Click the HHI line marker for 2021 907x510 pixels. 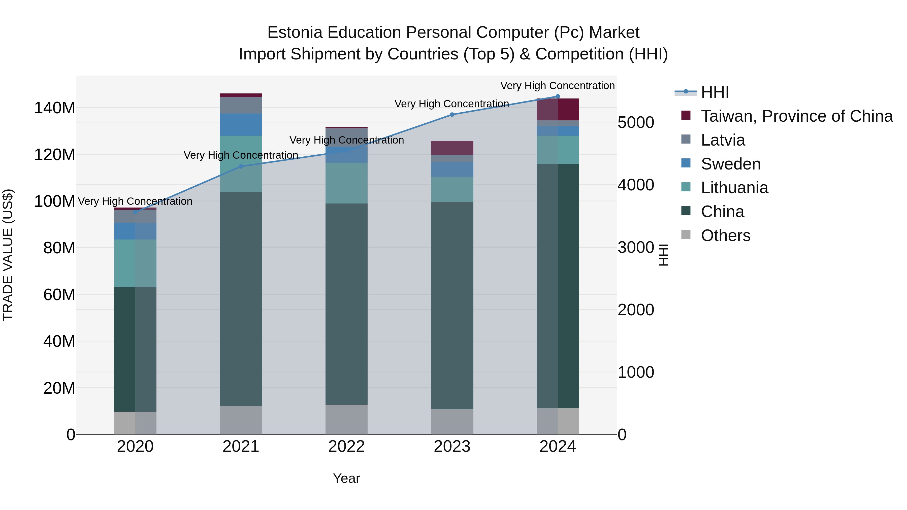[241, 166]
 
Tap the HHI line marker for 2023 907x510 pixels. [452, 114]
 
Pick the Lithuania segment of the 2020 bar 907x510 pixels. [135, 263]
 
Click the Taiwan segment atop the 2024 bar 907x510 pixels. [558, 110]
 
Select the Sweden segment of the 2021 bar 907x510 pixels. [241, 125]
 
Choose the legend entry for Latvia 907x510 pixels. [723, 140]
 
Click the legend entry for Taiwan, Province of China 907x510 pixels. [796, 116]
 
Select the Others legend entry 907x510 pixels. [725, 235]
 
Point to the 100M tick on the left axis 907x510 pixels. [55, 201]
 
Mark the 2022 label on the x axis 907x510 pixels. [346, 447]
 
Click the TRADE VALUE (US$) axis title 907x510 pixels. [8, 255]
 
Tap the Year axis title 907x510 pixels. [346, 478]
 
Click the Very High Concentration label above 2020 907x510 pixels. [135, 201]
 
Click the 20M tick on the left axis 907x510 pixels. [59, 388]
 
